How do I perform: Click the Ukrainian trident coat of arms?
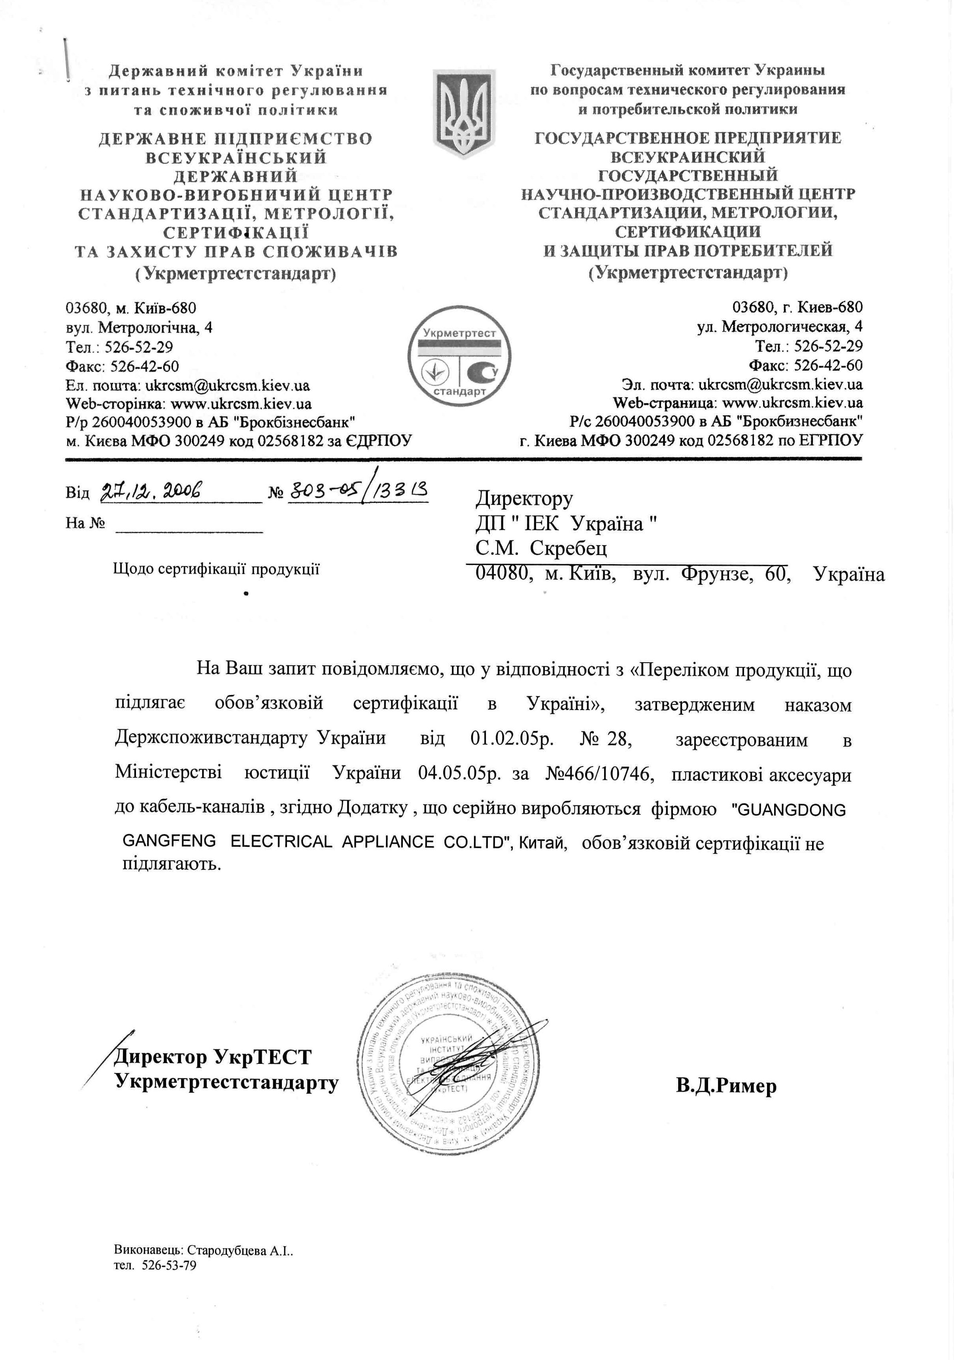click(464, 114)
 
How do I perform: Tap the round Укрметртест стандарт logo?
click(459, 356)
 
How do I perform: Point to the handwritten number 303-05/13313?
click(357, 491)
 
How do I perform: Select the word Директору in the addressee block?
click(524, 499)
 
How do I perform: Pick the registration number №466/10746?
click(599, 774)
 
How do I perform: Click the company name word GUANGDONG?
click(790, 810)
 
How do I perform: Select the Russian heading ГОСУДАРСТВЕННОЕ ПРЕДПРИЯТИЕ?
click(688, 138)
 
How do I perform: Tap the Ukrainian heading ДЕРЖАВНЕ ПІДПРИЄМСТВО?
click(235, 139)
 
